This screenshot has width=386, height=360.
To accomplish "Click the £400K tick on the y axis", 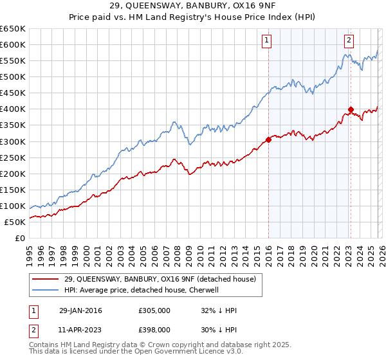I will (x=13, y=109).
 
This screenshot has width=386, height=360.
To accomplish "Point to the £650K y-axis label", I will (x=13, y=29).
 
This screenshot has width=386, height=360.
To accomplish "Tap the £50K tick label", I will (x=15, y=222).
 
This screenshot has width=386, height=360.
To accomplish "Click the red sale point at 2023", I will (x=351, y=109).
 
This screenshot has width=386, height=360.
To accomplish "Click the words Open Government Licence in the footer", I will (x=187, y=353).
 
